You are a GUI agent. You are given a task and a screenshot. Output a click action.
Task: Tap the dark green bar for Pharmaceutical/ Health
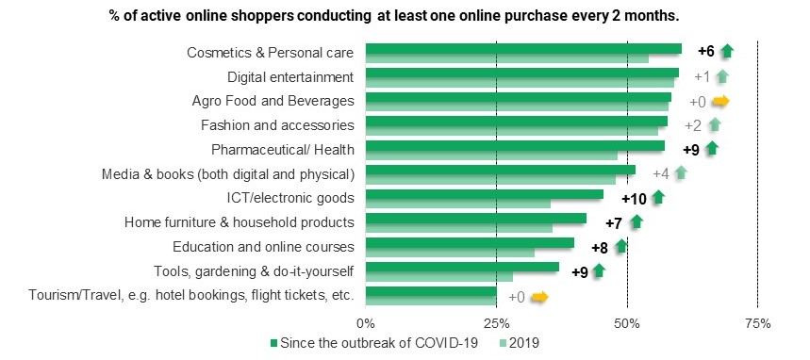click(x=514, y=145)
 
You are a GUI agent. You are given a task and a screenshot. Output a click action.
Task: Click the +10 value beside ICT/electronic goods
click(x=634, y=198)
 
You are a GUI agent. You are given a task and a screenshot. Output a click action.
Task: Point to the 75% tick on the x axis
click(x=757, y=323)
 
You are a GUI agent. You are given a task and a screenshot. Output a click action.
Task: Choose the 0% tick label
click(x=366, y=323)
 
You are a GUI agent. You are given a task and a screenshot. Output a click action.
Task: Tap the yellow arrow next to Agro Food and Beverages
click(x=721, y=101)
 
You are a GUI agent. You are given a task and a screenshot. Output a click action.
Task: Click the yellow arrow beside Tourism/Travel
click(x=539, y=297)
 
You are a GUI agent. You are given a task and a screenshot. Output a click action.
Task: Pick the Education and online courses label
click(x=263, y=247)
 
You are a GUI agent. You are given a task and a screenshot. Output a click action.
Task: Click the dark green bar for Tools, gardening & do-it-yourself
click(x=462, y=268)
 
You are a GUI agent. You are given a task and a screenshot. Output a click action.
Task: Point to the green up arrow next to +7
click(x=636, y=222)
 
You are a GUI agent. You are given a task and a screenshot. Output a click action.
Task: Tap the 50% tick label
click(x=627, y=323)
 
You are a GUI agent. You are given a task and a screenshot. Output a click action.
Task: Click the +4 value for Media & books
click(x=660, y=173)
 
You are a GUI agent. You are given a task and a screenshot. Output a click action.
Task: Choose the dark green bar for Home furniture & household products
click(x=475, y=219)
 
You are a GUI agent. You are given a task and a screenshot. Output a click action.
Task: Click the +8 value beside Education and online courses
click(x=600, y=247)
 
